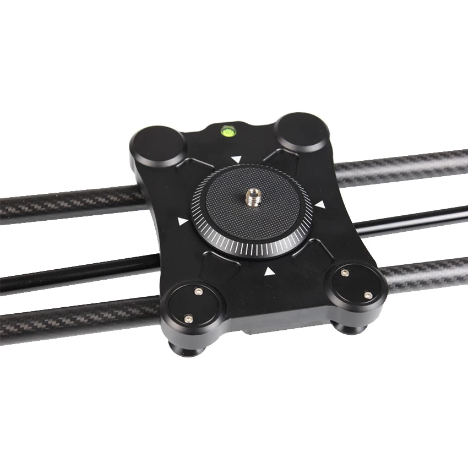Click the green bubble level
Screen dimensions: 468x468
pos(226,131)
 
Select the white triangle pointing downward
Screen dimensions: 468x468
pos(236,160)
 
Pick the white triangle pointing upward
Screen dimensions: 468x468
pos(269,271)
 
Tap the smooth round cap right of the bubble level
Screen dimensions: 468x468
pos(301,132)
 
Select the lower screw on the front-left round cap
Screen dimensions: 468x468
pos(188,318)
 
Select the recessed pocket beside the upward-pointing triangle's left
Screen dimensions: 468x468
pos(223,261)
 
